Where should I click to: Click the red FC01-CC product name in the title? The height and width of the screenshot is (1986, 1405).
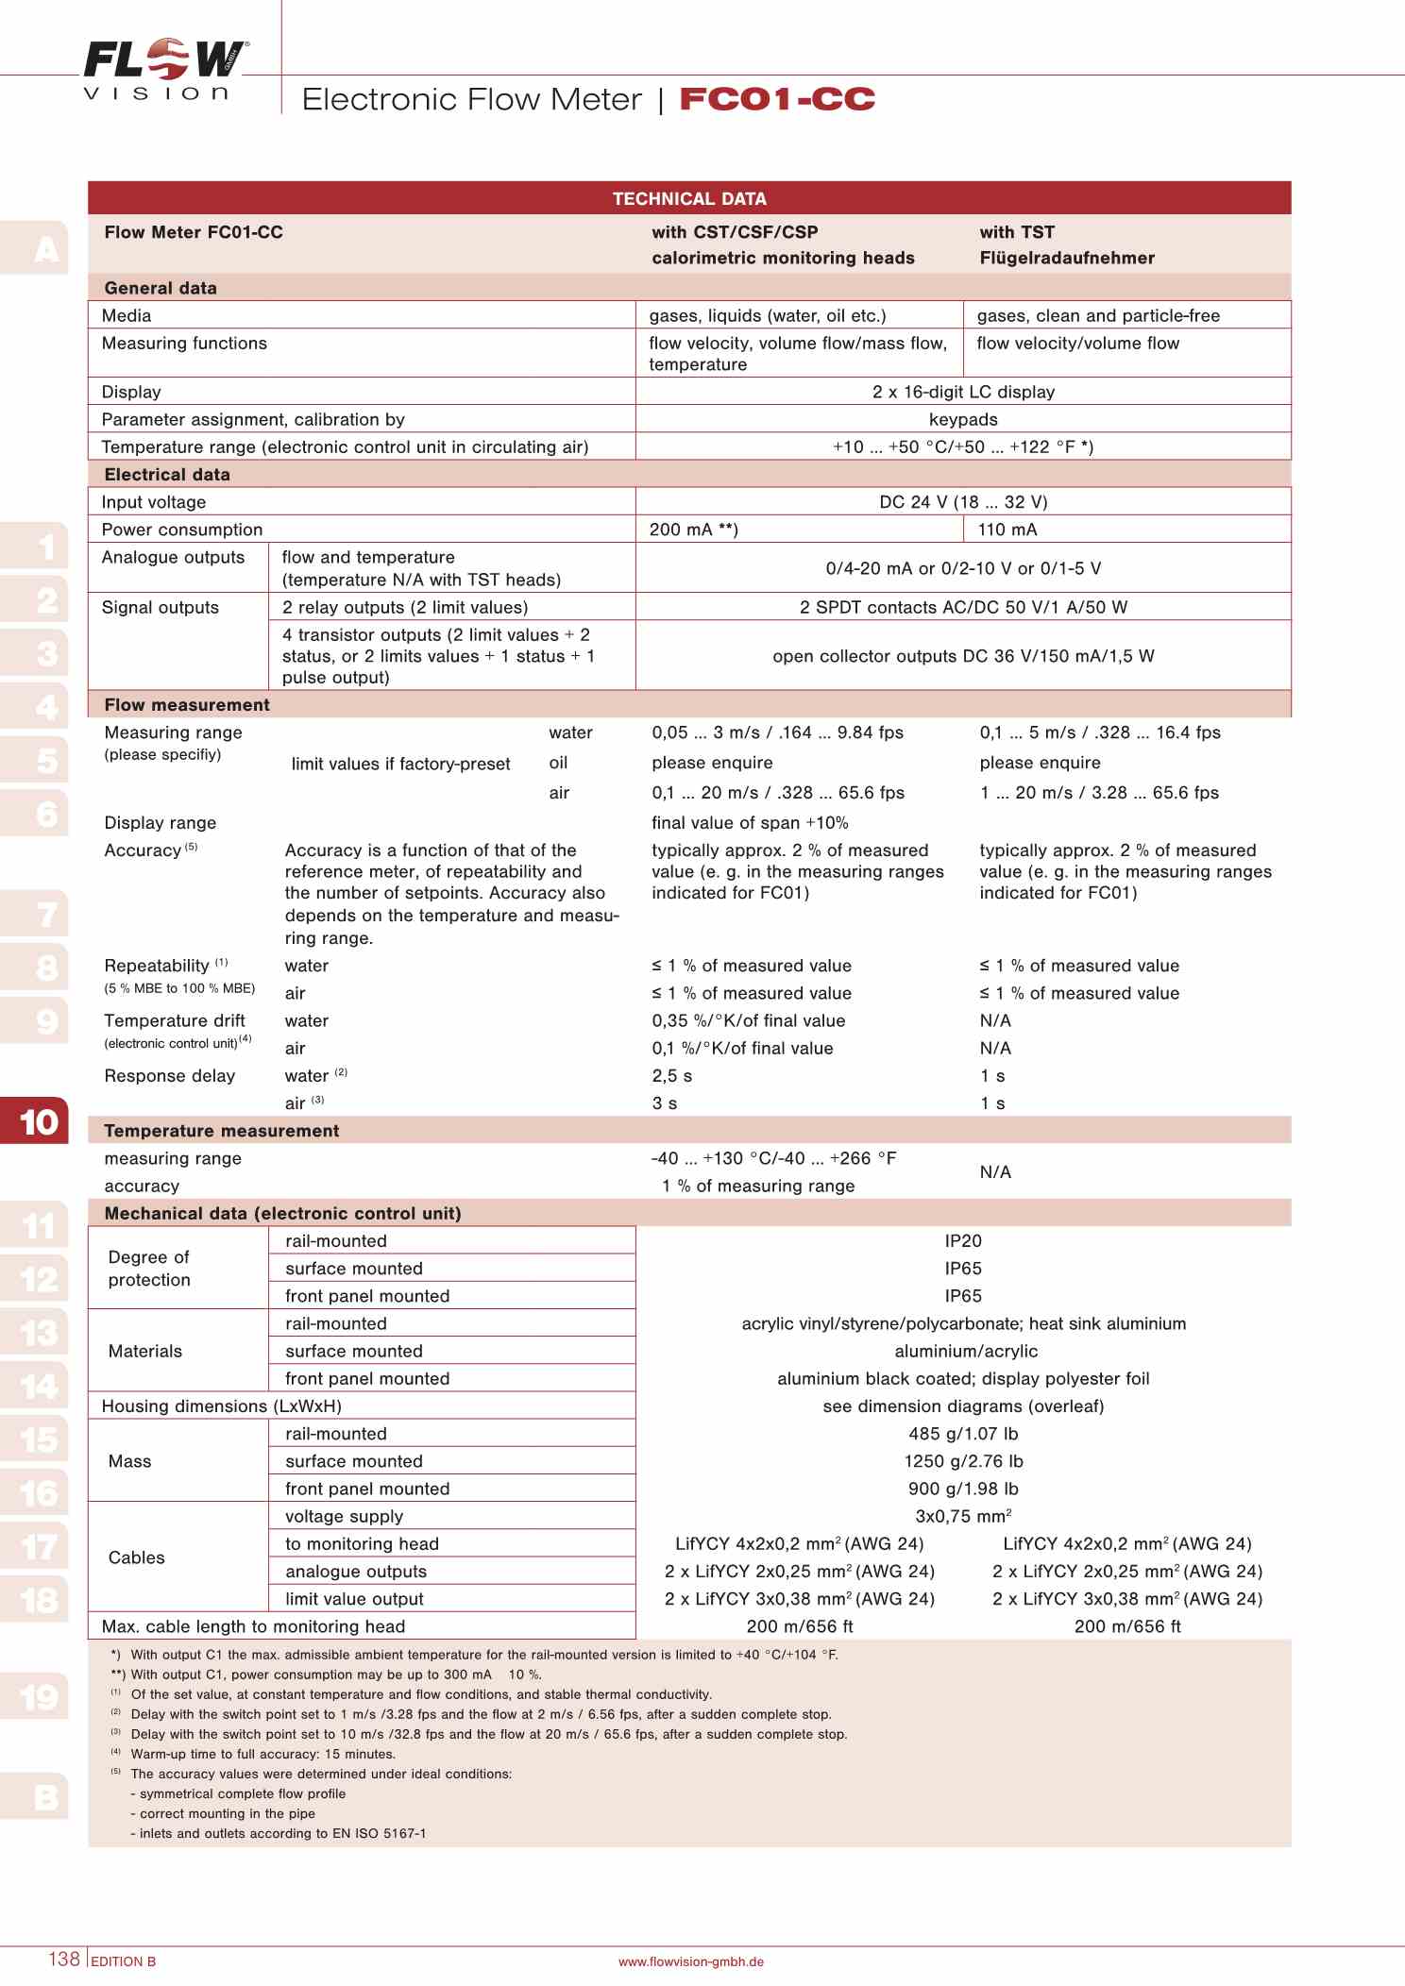pyautogui.click(x=777, y=99)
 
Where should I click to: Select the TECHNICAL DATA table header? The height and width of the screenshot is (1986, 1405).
pyautogui.click(x=689, y=198)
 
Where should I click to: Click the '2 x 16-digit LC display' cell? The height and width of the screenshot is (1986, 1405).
pyautogui.click(x=963, y=392)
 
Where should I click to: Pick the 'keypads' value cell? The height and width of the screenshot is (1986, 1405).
pyautogui.click(x=963, y=419)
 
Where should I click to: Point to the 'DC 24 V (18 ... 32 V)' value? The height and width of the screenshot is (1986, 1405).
pyautogui.click(x=963, y=502)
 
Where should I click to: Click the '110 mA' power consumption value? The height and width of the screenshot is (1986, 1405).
pyautogui.click(x=1007, y=530)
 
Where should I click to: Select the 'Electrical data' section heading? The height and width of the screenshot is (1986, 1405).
pyautogui.click(x=167, y=475)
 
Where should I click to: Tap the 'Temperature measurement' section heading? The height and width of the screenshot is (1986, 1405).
pyautogui.click(x=222, y=1131)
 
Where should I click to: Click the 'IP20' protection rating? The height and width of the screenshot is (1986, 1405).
pyautogui.click(x=963, y=1241)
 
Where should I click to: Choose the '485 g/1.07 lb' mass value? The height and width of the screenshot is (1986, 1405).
pyautogui.click(x=963, y=1434)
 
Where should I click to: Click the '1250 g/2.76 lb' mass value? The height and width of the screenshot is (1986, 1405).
pyautogui.click(x=963, y=1461)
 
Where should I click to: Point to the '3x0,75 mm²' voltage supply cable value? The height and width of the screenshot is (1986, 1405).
pyautogui.click(x=963, y=1517)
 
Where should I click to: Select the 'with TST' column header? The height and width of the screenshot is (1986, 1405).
pyautogui.click(x=1017, y=232)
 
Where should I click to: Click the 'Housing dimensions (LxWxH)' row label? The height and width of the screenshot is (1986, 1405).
pyautogui.click(x=222, y=1406)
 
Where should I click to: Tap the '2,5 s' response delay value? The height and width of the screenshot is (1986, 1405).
pyautogui.click(x=672, y=1076)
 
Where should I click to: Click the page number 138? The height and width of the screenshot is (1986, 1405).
pyautogui.click(x=64, y=1959)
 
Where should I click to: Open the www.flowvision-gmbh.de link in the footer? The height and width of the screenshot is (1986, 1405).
pyautogui.click(x=691, y=1961)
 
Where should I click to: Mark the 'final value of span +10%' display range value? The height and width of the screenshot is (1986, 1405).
pyautogui.click(x=750, y=823)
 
